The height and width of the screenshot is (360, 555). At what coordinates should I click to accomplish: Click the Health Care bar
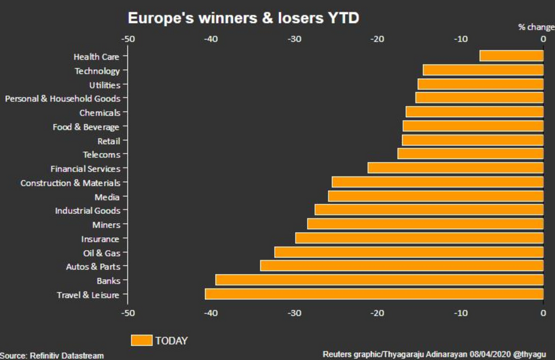(x=512, y=56)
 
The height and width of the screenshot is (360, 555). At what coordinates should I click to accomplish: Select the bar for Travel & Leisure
(x=374, y=295)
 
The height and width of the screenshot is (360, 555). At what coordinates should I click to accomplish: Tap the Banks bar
(x=379, y=281)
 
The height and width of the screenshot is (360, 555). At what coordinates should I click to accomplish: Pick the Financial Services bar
(x=456, y=169)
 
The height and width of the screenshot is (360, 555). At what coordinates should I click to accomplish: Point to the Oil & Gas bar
(x=409, y=252)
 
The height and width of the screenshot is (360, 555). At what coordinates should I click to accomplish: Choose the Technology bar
(x=483, y=70)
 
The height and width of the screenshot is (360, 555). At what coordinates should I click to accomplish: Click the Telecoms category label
(x=101, y=154)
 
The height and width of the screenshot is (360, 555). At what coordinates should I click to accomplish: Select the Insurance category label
(x=100, y=238)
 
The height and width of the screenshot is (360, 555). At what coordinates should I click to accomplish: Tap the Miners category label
(x=105, y=224)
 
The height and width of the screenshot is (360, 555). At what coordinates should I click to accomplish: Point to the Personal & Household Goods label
(x=63, y=98)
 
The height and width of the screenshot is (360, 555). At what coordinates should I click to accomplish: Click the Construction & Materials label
(x=70, y=183)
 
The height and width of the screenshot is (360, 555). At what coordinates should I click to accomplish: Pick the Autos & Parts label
(x=93, y=266)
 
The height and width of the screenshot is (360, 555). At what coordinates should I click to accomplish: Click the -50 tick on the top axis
(x=128, y=39)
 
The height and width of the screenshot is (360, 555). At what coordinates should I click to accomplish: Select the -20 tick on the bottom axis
(x=377, y=313)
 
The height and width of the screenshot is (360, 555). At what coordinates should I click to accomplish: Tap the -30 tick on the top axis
(x=295, y=39)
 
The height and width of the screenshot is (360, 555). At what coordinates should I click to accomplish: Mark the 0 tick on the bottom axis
(x=543, y=313)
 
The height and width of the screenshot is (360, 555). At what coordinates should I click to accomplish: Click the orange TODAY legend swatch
(x=141, y=340)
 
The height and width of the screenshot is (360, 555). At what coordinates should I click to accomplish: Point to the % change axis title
(x=536, y=27)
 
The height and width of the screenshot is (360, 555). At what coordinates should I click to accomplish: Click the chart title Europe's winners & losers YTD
(x=243, y=18)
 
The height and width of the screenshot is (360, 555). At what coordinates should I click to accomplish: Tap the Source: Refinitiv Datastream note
(x=52, y=355)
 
